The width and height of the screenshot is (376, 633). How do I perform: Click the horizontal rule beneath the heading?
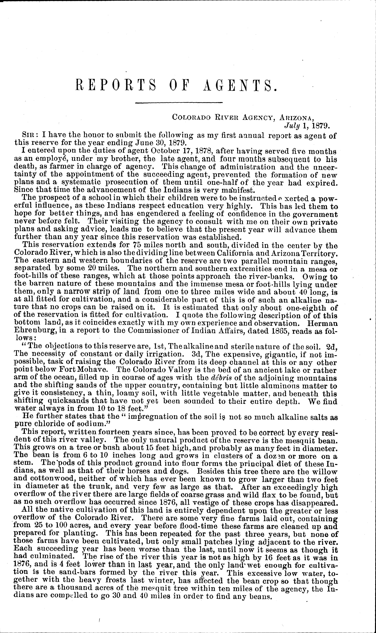[x=179, y=103]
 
